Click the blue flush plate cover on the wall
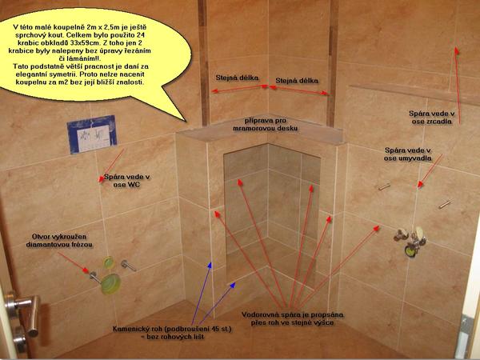[92, 134]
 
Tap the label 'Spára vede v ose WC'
[126, 181]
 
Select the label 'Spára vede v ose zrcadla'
[432, 118]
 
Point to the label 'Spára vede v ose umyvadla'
[408, 154]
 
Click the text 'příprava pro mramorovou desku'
[265, 124]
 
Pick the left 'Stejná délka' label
[237, 78]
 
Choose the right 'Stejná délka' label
[297, 81]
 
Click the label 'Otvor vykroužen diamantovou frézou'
[59, 241]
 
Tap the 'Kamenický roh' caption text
[172, 333]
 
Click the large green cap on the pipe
[111, 284]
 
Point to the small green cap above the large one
[109, 262]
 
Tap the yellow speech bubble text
[79, 54]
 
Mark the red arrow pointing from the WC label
[112, 166]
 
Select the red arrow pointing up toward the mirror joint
[458, 85]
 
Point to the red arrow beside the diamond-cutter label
[73, 262]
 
